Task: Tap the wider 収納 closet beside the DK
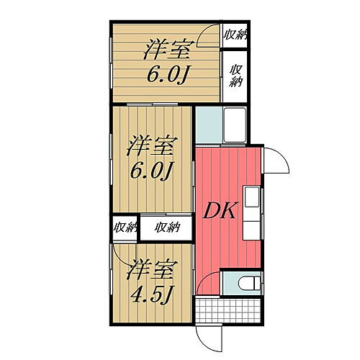[167, 228]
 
